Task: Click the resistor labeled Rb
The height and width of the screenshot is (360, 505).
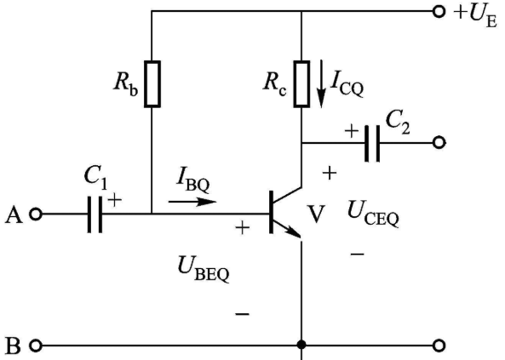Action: tap(152, 83)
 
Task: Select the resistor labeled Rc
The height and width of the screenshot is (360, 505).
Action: tap(301, 83)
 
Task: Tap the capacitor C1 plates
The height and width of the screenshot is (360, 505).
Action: tap(95, 214)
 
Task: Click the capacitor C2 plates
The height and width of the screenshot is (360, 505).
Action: tap(372, 143)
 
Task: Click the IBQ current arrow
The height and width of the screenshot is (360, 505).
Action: tap(192, 202)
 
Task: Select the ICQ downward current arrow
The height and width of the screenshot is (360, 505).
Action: tap(321, 83)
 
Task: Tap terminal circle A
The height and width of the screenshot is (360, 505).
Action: tap(36, 214)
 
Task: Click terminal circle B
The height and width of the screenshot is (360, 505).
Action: tap(36, 346)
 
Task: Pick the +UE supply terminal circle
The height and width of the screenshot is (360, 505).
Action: tap(439, 12)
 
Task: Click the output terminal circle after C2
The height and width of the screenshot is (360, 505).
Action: tap(439, 142)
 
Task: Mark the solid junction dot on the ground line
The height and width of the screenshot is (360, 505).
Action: tap(301, 345)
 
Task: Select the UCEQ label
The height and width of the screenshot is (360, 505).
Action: tap(373, 214)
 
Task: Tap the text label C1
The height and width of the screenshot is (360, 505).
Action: tap(95, 178)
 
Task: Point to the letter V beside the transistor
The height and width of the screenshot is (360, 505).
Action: tap(315, 214)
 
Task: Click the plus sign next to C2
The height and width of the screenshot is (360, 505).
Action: tap(352, 131)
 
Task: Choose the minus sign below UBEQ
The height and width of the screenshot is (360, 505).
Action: tap(243, 314)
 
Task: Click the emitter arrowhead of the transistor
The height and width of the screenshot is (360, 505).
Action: tap(294, 231)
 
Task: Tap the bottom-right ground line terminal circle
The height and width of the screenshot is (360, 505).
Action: tap(439, 346)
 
